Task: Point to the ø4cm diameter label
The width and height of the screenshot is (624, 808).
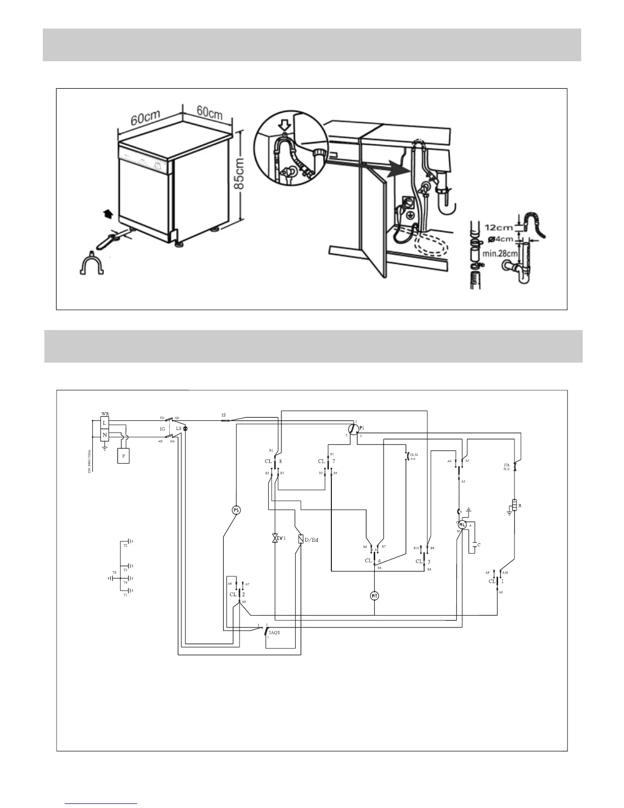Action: coord(501,239)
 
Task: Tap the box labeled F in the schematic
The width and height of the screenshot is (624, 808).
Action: coord(123,456)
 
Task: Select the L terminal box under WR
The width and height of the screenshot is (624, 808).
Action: coord(105,423)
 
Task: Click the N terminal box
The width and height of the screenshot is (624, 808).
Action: coord(105,435)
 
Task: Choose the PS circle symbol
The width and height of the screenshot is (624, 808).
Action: coord(236,510)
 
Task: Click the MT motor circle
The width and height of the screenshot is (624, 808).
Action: coord(375,595)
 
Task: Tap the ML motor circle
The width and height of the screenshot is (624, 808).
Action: coord(462,524)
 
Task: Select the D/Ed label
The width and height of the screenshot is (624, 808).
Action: coord(311,539)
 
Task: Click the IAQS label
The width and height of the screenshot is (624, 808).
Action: coord(274,633)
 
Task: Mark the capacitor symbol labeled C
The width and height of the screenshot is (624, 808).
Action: coord(475,545)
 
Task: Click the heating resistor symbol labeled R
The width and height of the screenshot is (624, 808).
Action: coord(515,506)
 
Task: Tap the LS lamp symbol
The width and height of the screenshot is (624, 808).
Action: coord(185,428)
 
